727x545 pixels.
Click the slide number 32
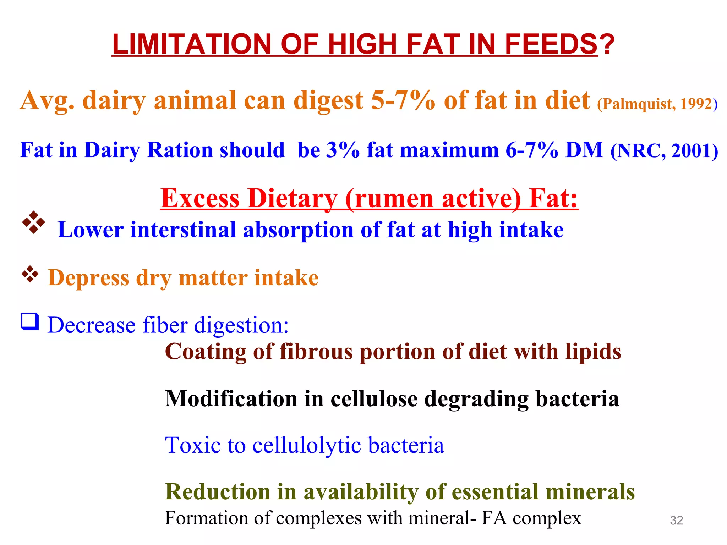click(676, 520)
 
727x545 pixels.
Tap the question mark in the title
click(607, 44)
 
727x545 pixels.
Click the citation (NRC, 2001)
click(664, 150)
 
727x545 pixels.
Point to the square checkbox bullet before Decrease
click(30, 322)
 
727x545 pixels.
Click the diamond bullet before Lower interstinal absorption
click(34, 222)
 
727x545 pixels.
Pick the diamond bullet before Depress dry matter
click(30, 274)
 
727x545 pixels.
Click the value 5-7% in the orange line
click(403, 100)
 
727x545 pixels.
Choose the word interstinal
click(183, 230)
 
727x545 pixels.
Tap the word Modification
click(231, 399)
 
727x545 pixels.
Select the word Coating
click(206, 352)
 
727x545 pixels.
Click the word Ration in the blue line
click(180, 150)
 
